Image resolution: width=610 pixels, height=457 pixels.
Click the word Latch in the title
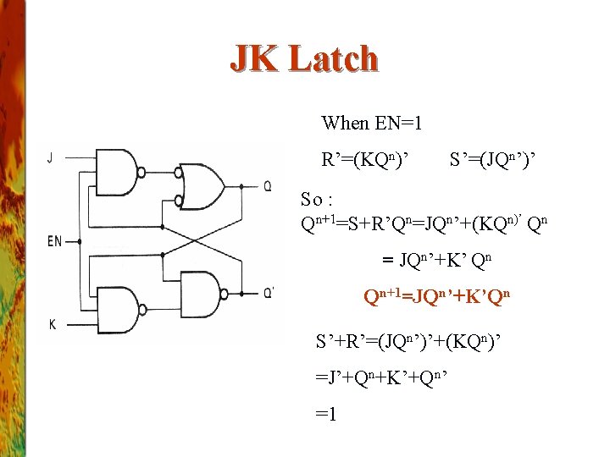(333, 58)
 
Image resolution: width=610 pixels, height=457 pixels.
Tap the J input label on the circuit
(51, 157)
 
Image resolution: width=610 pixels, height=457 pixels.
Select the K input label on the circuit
(52, 324)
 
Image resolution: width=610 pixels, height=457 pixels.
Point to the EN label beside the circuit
(54, 242)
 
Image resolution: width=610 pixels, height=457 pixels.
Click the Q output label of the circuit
(267, 186)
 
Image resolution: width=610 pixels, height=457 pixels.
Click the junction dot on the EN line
(79, 241)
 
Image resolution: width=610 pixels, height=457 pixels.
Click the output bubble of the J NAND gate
(178, 173)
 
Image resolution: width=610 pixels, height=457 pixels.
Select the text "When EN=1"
(372, 124)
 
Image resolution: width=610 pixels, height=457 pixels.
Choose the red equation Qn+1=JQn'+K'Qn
(437, 296)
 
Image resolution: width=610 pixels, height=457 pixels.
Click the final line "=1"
(326, 416)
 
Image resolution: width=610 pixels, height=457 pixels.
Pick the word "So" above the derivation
(313, 200)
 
